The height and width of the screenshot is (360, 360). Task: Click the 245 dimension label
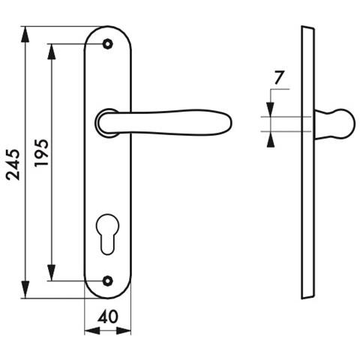click(x=13, y=165)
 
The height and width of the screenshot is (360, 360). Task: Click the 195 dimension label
click(x=41, y=153)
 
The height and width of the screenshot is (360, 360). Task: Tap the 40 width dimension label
click(x=108, y=316)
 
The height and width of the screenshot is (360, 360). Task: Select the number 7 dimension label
click(x=279, y=77)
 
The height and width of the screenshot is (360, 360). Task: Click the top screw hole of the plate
click(x=108, y=44)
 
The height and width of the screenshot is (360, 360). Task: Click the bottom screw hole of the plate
click(x=108, y=281)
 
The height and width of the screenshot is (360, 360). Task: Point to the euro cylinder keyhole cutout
click(x=108, y=234)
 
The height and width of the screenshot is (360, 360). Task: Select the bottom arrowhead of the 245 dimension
click(x=25, y=290)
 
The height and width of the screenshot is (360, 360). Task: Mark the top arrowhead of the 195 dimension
click(x=51, y=52)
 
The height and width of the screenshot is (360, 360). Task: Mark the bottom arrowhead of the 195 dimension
click(x=51, y=272)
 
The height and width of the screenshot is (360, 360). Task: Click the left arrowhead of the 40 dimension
click(x=92, y=331)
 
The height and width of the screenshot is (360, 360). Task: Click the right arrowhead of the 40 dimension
click(x=124, y=331)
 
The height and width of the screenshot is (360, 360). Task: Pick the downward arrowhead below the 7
click(x=271, y=109)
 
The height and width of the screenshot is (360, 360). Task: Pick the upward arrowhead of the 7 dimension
click(x=271, y=139)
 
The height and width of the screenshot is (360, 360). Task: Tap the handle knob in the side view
click(x=335, y=124)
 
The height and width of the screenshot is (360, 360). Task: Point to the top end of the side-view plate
click(x=307, y=28)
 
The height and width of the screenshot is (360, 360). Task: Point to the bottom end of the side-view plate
click(x=307, y=297)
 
